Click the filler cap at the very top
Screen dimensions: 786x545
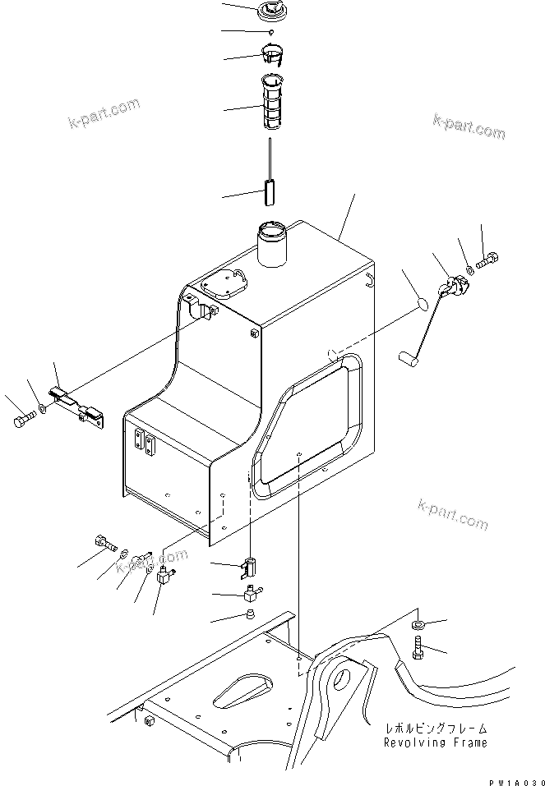(271, 11)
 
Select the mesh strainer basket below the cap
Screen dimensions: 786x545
(273, 102)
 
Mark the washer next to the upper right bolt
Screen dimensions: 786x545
(469, 269)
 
